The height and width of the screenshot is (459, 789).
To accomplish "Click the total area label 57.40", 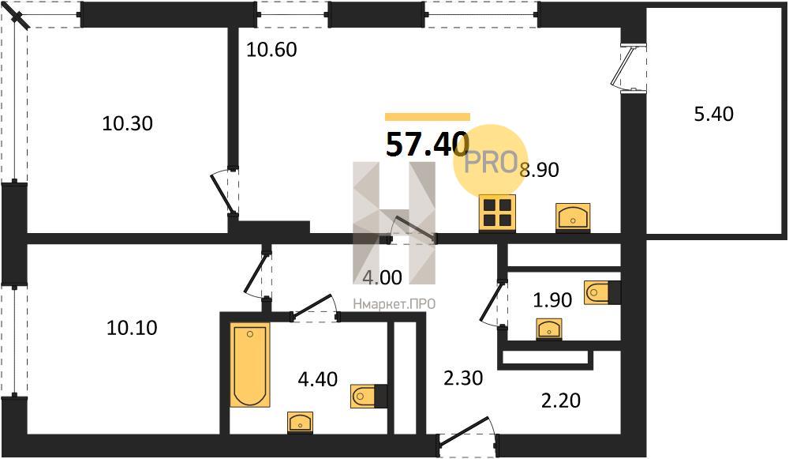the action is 427,144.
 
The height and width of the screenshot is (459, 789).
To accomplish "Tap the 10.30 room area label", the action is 127,123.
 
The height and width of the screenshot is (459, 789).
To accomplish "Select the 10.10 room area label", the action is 132,328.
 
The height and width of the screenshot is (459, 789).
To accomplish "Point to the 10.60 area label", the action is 271,50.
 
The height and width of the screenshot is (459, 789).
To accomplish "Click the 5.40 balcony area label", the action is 713,115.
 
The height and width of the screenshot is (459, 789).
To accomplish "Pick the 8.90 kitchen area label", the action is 540,171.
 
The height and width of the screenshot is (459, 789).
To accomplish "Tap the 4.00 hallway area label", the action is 383,277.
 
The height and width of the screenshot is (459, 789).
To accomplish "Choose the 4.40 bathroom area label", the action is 317,379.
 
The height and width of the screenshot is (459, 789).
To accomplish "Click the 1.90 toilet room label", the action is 552,300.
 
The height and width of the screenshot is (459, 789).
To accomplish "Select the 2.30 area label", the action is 463,378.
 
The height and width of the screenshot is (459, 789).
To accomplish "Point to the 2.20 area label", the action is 560,401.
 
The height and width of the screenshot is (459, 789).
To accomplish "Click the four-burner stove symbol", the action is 497,213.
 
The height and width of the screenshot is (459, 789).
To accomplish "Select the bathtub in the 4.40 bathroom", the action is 249,365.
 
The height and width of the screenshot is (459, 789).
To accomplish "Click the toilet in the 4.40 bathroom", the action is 368,396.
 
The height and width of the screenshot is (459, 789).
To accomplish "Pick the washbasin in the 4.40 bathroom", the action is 300,422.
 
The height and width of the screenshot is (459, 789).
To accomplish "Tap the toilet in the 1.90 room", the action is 602,293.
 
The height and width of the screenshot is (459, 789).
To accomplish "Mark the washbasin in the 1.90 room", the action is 549,329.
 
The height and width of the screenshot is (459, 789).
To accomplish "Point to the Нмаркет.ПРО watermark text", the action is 394,304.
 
